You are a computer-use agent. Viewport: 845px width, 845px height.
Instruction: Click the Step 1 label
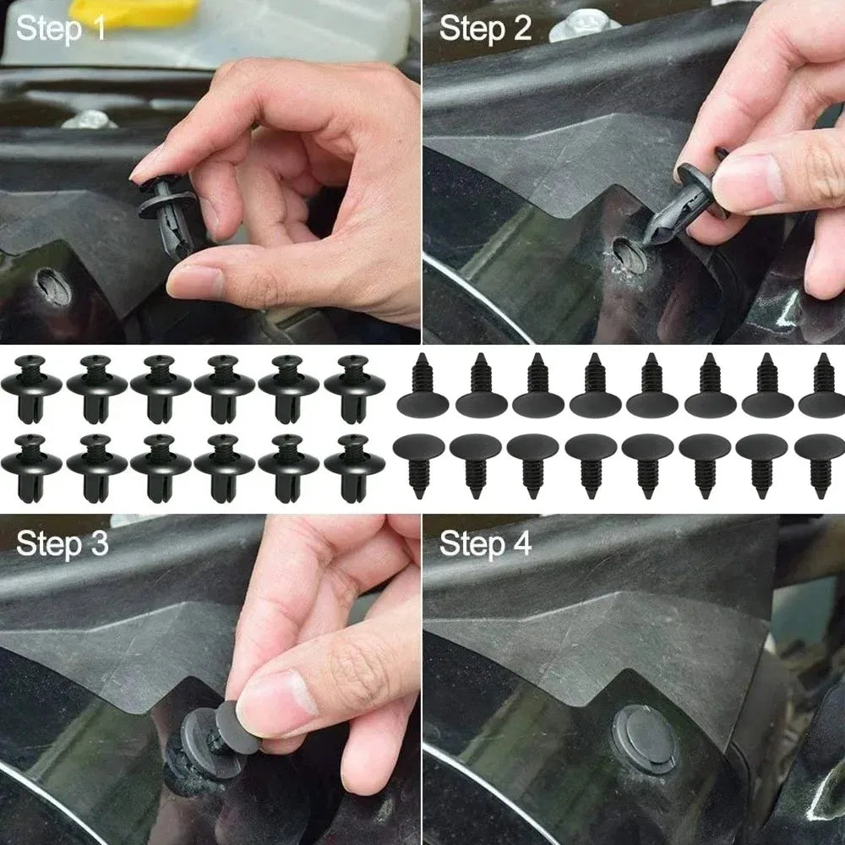pos(62,30)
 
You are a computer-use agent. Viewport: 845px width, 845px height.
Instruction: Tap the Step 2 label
pos(485,30)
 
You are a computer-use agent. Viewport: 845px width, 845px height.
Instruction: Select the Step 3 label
pos(63,543)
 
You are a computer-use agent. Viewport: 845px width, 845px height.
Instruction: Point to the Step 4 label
pos(485,543)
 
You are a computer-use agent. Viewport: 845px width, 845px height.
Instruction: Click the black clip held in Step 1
pos(170,211)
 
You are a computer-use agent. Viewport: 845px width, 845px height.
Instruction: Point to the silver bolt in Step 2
pos(583,25)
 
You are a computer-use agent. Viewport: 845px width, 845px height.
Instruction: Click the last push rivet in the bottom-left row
pos(354,466)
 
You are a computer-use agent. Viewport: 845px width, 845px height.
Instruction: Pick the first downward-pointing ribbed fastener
pos(418,461)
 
